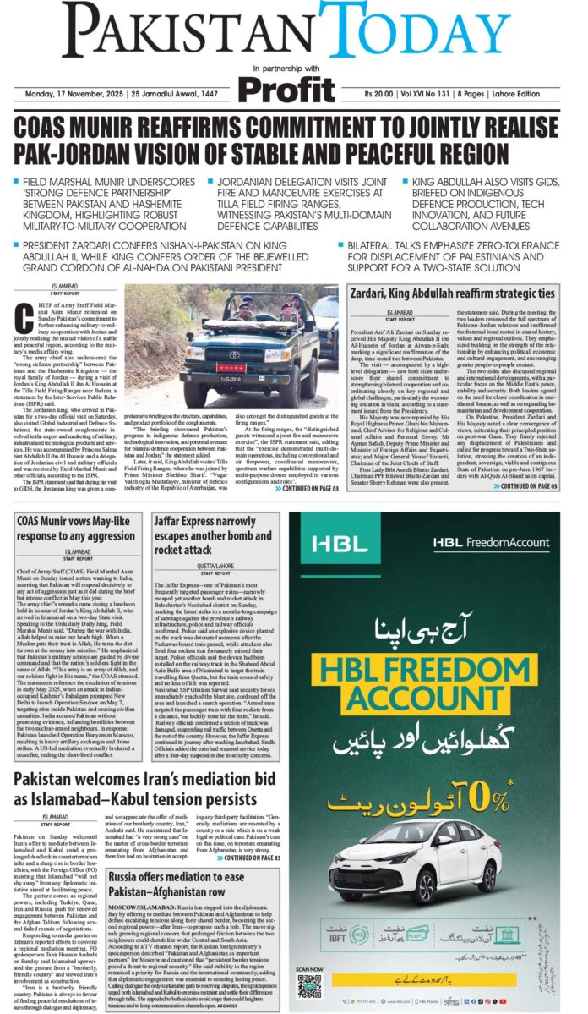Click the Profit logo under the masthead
click(x=286, y=89)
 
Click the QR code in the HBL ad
click(x=309, y=985)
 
